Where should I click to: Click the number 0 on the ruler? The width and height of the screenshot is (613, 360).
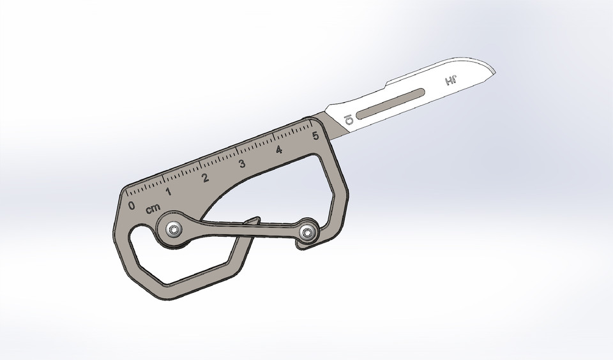click(x=132, y=206)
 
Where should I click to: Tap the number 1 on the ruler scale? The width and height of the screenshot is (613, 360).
click(x=169, y=191)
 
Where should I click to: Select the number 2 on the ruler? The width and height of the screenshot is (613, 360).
click(x=206, y=177)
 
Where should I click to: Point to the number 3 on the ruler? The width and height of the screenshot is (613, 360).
click(x=242, y=164)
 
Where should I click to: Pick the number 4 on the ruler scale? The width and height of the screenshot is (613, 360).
click(x=279, y=150)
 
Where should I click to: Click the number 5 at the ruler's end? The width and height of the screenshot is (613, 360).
click(x=315, y=136)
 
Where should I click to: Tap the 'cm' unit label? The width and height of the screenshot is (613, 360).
click(x=153, y=209)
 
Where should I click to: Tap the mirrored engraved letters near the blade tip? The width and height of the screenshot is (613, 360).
click(x=450, y=81)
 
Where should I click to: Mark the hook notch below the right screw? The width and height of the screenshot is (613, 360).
click(x=300, y=245)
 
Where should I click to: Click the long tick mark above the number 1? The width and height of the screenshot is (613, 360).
click(x=163, y=177)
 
